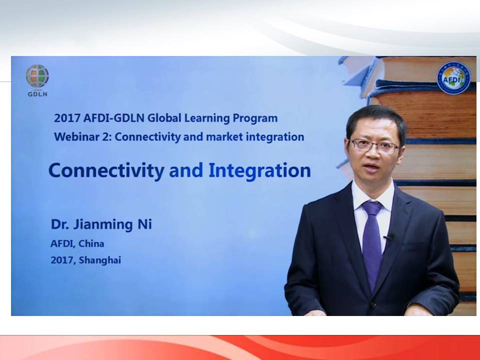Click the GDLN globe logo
tap(37, 76)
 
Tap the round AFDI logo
tap(453, 78)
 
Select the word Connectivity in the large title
tap(106, 171)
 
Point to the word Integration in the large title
tap(259, 170)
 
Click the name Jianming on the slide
tap(103, 224)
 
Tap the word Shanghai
tap(100, 260)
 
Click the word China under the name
tap(91, 243)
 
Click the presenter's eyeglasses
tap(374, 145)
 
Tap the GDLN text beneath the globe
tap(37, 94)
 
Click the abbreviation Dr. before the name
tap(60, 224)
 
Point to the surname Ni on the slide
tap(144, 224)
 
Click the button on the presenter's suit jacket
tap(372, 304)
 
